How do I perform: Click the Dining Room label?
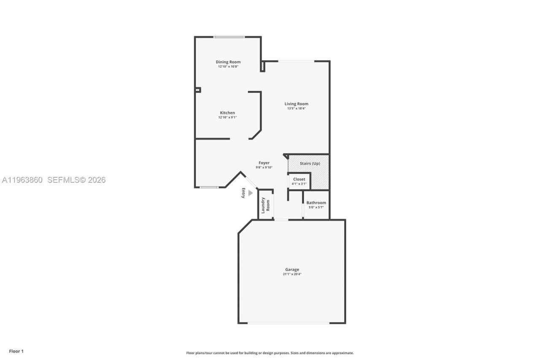coord(228,62)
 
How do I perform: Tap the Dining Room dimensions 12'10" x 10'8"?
coord(228,67)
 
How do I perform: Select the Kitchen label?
coord(227,113)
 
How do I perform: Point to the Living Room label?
coord(296,104)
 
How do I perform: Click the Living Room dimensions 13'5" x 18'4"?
coord(296,108)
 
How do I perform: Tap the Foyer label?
coord(264,163)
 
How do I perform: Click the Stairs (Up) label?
coord(310,163)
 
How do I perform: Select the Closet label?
coord(299,179)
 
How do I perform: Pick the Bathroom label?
coord(316,203)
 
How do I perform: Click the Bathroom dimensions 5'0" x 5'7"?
coord(316,207)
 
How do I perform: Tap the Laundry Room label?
coord(265,205)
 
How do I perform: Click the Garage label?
coord(292,270)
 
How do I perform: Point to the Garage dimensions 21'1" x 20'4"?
coord(292,274)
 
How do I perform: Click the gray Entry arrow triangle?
coord(250,193)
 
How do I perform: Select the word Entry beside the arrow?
coord(243,193)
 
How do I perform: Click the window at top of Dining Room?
coord(229,37)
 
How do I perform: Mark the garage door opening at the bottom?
coord(289,323)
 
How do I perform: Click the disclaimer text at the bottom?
coord(270,353)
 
